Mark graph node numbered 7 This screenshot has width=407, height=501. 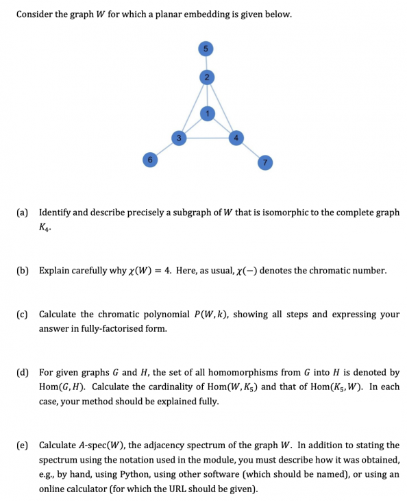coord(263,162)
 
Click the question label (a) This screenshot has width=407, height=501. coord(22,212)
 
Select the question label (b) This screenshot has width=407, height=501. coord(22,271)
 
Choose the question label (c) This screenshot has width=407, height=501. coord(22,315)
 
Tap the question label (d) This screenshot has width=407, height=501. coord(22,373)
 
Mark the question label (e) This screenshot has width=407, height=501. coord(22,445)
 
